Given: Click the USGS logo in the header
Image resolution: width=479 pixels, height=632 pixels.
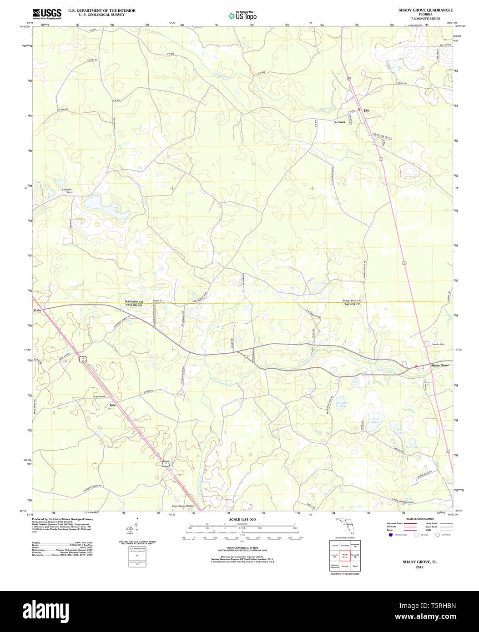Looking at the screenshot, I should point(46,14).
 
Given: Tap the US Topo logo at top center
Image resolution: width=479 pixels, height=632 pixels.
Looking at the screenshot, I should point(242,15).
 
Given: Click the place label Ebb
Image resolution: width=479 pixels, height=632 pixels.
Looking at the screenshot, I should point(367,110).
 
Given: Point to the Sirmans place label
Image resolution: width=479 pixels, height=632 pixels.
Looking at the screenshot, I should point(339,122).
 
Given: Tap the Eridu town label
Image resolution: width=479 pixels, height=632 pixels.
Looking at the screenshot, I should point(37,310).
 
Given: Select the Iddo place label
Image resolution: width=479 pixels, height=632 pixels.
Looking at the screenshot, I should point(112,404).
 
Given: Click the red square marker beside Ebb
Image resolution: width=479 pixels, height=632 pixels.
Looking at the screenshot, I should point(359,110).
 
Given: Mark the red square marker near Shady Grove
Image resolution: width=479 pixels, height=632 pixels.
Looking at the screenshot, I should point(416,366).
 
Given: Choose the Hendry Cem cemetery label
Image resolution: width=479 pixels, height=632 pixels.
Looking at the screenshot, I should point(438,344).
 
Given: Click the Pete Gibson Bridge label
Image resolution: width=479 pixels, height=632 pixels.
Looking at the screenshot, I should point(182,506).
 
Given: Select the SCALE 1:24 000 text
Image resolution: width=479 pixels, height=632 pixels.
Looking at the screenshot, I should point(242,519).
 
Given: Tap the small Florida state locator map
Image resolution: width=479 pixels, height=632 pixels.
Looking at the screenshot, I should point(347,526).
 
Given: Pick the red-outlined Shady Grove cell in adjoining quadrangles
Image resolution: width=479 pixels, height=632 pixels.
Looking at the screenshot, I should point(345,556).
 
